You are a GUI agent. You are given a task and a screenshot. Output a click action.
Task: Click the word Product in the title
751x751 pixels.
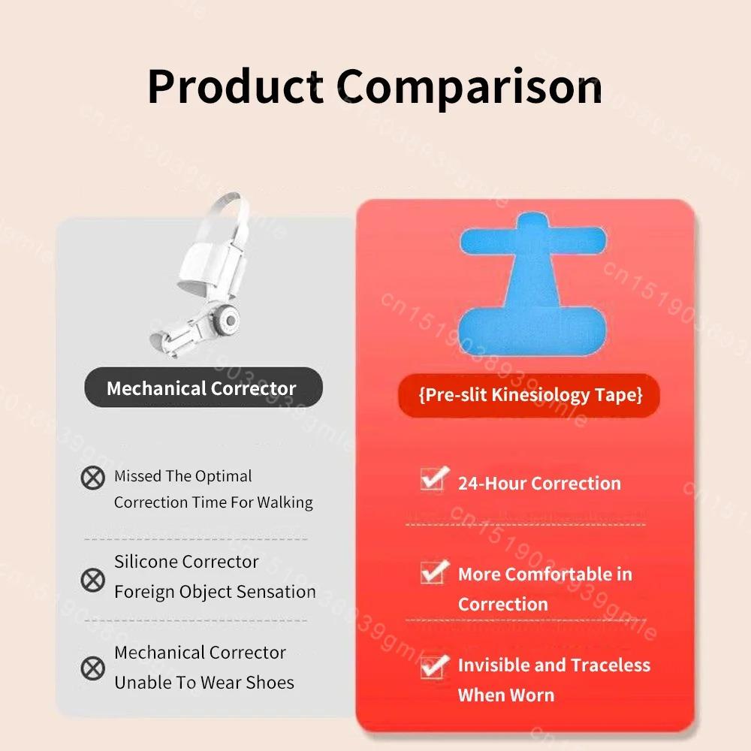235,86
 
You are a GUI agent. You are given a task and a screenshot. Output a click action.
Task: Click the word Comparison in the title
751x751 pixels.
469,86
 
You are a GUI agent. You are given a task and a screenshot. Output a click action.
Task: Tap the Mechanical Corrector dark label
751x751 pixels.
202,388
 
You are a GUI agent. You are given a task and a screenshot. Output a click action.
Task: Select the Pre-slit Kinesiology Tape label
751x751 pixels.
530,395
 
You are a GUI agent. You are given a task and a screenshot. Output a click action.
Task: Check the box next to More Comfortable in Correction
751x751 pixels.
433,572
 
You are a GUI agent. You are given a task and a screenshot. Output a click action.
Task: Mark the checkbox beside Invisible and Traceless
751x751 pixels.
433,665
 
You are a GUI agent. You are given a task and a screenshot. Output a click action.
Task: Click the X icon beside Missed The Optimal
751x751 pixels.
92,477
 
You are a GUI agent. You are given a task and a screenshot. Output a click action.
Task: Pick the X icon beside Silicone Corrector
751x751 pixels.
92,579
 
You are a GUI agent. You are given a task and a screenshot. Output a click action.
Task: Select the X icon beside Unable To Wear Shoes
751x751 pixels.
92,668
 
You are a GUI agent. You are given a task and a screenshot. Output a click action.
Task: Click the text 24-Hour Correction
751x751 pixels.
539,483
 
